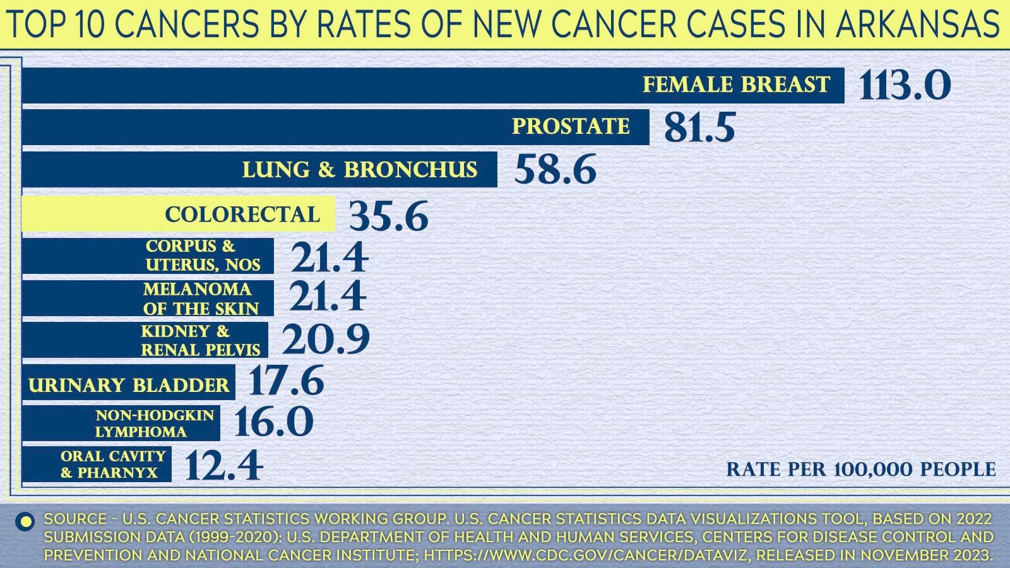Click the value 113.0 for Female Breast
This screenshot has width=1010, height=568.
click(x=905, y=85)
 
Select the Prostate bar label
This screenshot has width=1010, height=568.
click(x=571, y=126)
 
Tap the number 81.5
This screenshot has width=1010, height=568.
click(x=699, y=127)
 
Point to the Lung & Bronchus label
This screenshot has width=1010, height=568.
click(x=360, y=170)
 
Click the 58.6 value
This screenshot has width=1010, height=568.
click(x=555, y=170)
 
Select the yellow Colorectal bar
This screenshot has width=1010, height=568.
click(x=178, y=215)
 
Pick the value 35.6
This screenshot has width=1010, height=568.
click(x=389, y=216)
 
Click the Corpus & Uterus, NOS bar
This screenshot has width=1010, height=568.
click(x=148, y=256)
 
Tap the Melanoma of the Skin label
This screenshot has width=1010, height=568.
click(x=201, y=299)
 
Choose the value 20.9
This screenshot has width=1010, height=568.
click(x=325, y=340)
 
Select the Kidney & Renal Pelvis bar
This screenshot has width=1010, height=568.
click(x=145, y=340)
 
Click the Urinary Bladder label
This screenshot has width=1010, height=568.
click(x=129, y=385)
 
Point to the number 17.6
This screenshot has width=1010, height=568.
click(x=287, y=381)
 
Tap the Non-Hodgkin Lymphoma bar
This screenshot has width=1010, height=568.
click(x=121, y=423)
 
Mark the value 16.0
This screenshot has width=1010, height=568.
click(x=274, y=422)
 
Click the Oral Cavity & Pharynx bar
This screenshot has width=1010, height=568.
click(x=97, y=464)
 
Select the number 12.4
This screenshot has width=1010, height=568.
click(x=224, y=466)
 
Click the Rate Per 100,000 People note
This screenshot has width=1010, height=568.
click(x=860, y=470)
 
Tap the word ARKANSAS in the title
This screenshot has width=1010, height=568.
click(x=917, y=24)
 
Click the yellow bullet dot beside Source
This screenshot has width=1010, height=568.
click(x=26, y=521)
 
